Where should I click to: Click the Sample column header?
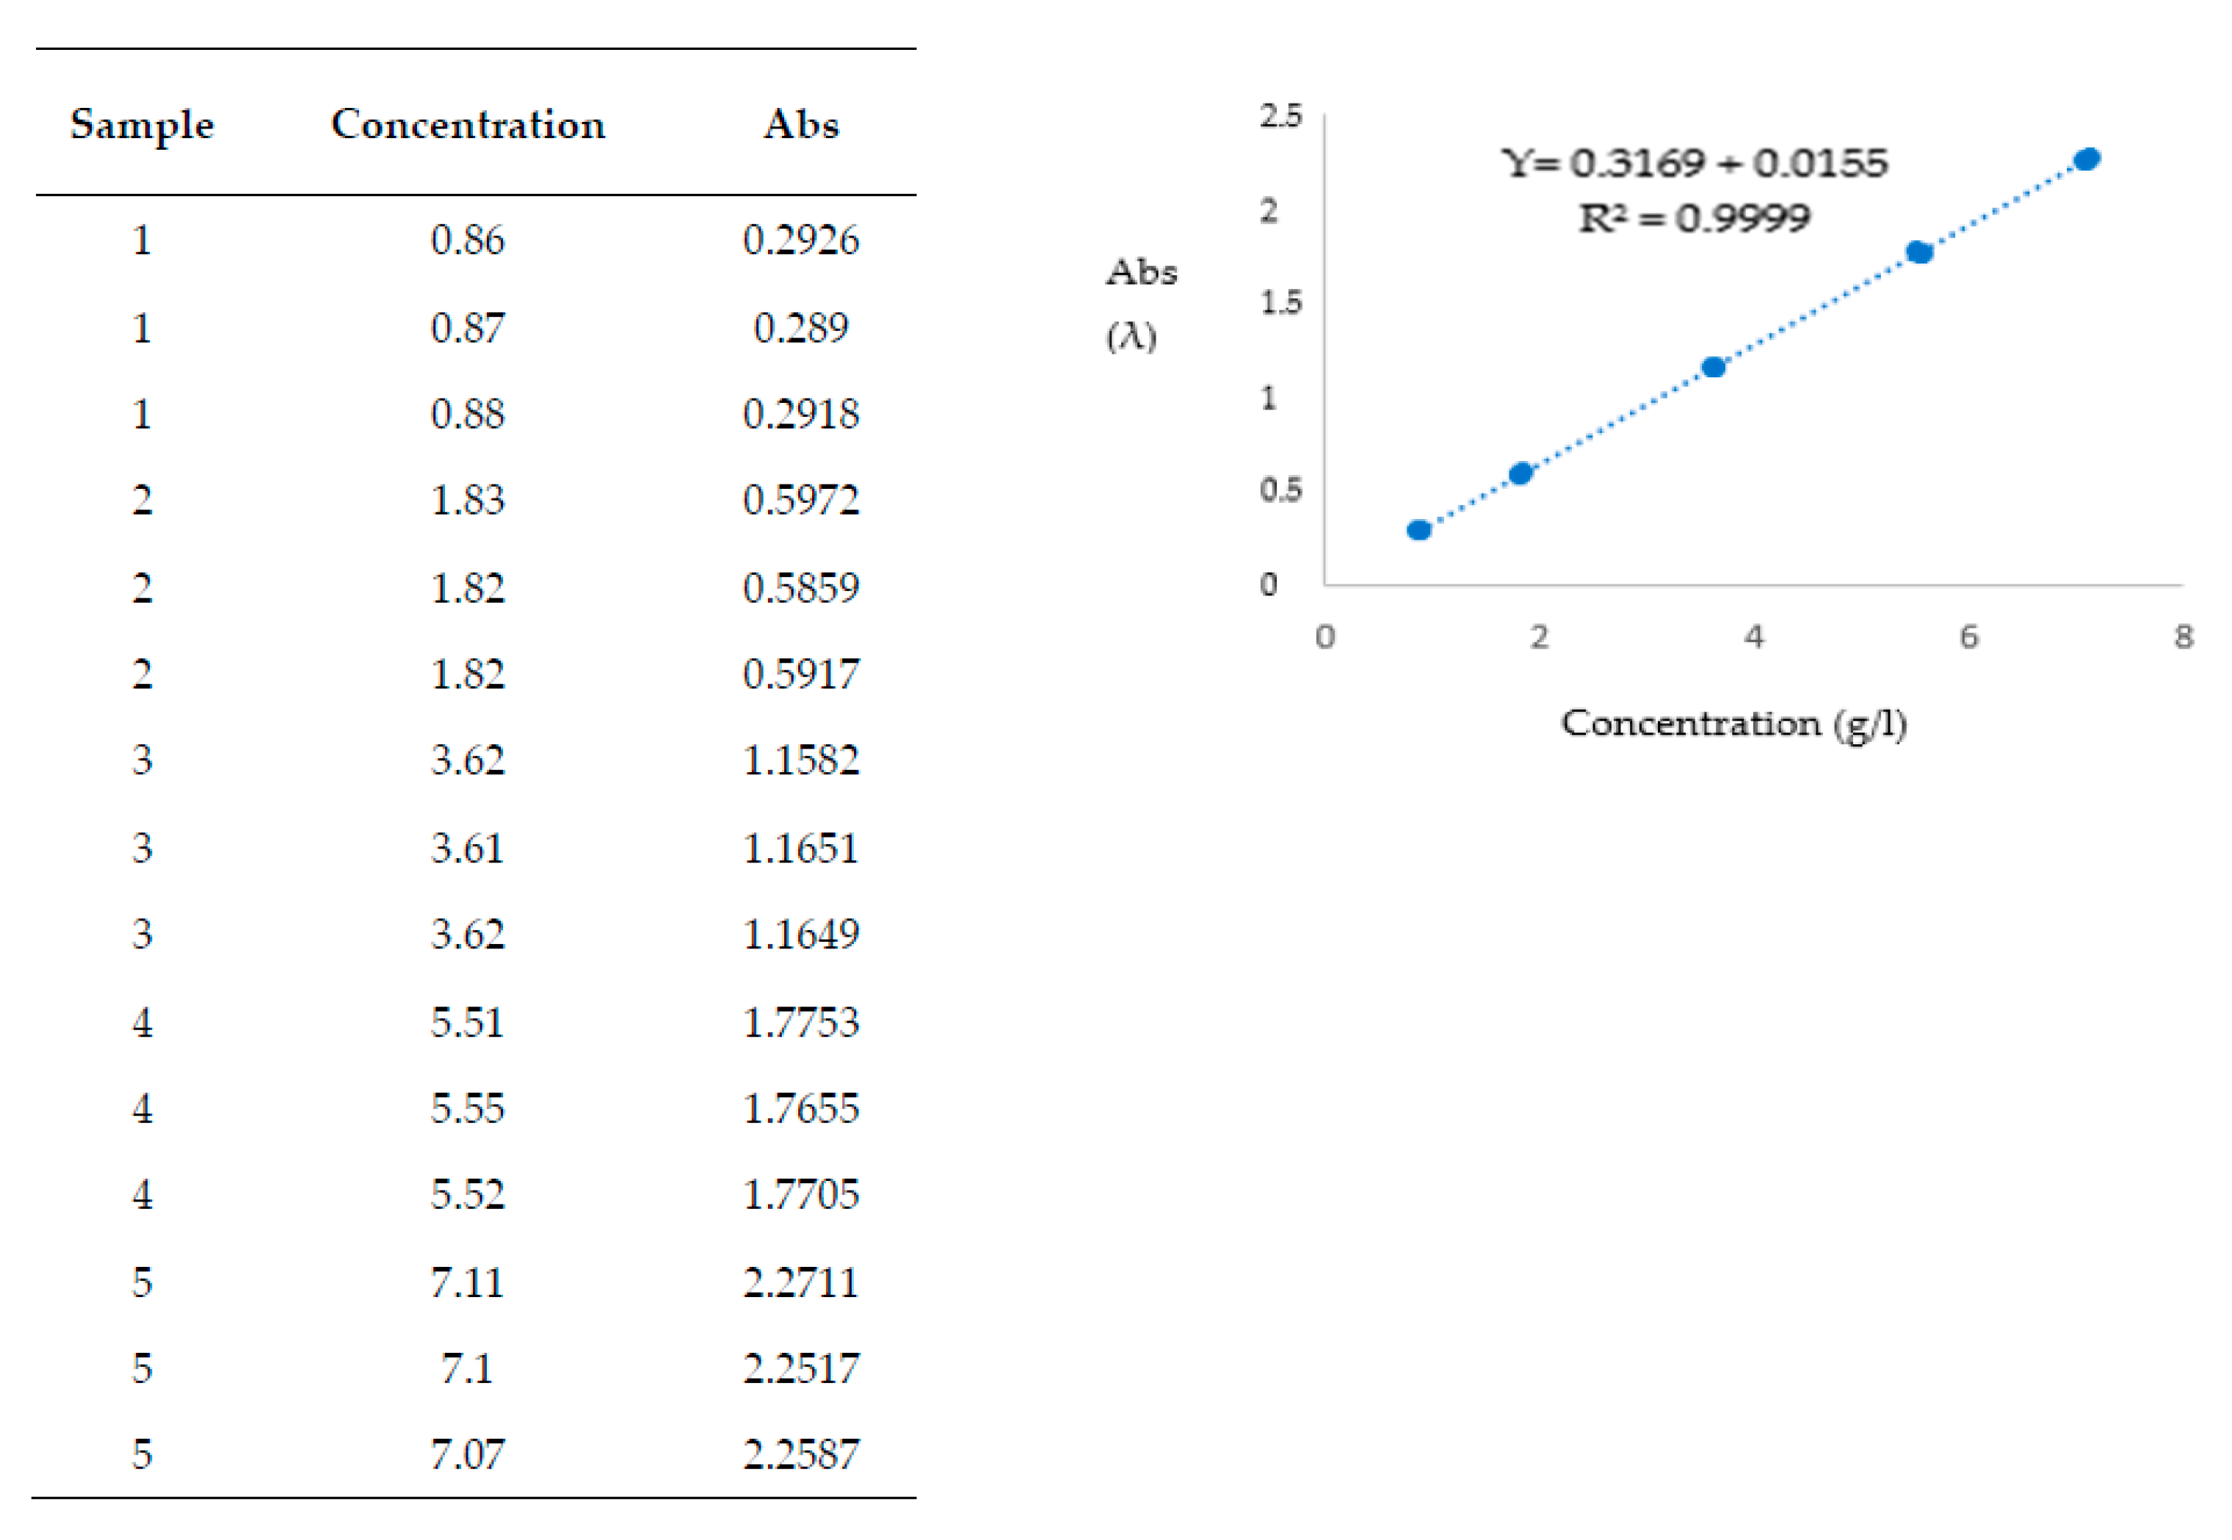coord(142,126)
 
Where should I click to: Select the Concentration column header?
coord(468,126)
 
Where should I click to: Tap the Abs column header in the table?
coord(801,126)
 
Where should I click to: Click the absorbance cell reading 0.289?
coord(801,328)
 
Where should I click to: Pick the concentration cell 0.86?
coord(468,240)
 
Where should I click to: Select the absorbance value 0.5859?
coord(801,588)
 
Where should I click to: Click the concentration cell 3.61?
coord(468,848)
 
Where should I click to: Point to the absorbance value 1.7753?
coord(801,1022)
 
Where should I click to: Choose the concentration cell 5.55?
coord(468,1108)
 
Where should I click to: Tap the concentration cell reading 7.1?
coord(468,1368)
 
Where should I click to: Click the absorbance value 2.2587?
coord(801,1454)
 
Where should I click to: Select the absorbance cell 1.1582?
coord(801,760)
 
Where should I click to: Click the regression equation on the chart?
coord(1695,163)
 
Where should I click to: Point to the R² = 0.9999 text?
coord(1695,218)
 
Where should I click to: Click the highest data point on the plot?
coord(2087,159)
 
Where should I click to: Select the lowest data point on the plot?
coord(1418,530)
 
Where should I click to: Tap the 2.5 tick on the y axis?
coord(1280,117)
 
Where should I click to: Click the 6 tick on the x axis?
coord(1968,637)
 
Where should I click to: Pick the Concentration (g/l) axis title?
coord(1734,724)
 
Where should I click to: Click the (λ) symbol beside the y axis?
coord(1131,337)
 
